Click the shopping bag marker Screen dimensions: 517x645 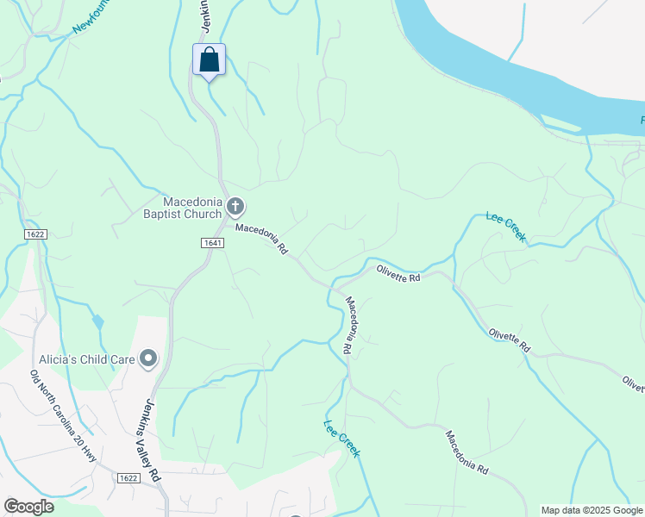tap(209, 60)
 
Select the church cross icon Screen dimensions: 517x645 tap(236, 206)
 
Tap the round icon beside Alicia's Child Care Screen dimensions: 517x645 tap(149, 358)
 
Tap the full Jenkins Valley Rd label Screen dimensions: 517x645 tap(144, 439)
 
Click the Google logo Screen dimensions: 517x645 tap(28, 507)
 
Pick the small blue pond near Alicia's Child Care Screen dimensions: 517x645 tap(97, 321)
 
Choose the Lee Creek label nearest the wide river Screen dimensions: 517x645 tap(506, 227)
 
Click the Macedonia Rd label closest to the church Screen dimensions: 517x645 tap(261, 240)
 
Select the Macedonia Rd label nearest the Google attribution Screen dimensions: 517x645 tap(467, 452)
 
